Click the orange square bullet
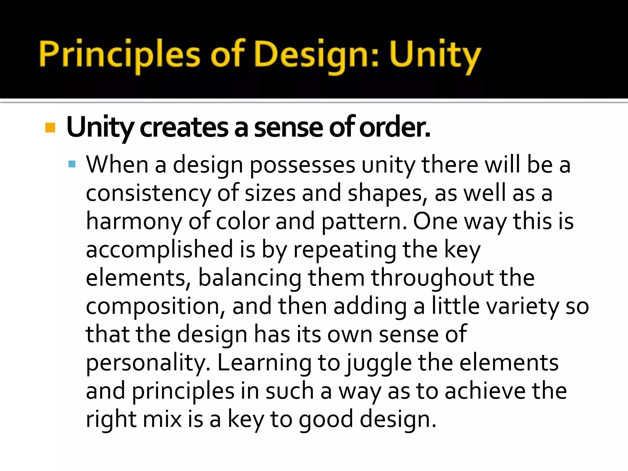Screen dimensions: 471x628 coord(50,128)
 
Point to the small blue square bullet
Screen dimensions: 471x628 coord(72,164)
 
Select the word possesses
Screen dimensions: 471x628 coord(302,166)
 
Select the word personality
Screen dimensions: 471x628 coord(148,363)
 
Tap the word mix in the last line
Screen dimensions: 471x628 coord(162,419)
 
